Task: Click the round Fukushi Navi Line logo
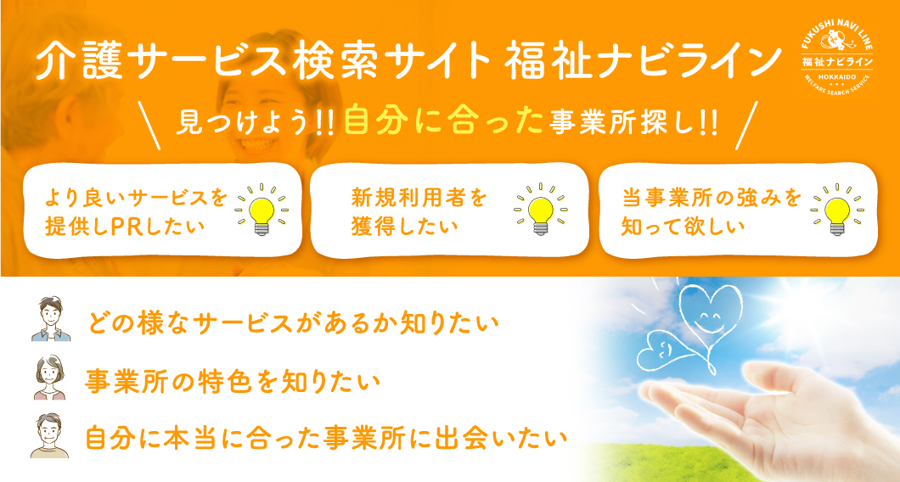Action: [837, 61]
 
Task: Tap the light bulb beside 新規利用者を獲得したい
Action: [540, 209]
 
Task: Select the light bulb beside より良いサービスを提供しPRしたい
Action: [262, 210]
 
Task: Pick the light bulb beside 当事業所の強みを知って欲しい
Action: [837, 210]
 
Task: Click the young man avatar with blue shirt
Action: [50, 319]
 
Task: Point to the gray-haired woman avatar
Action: [50, 377]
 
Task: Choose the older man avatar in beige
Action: [49, 435]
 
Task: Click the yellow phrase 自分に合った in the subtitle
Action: [444, 121]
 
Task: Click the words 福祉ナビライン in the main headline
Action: [643, 61]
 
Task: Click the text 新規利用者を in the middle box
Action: [419, 198]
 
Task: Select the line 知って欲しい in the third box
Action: [683, 226]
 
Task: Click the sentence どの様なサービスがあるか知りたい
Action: [293, 324]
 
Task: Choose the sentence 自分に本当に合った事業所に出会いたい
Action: [326, 438]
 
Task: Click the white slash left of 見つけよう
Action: [150, 125]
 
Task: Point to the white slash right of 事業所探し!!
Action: [746, 125]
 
